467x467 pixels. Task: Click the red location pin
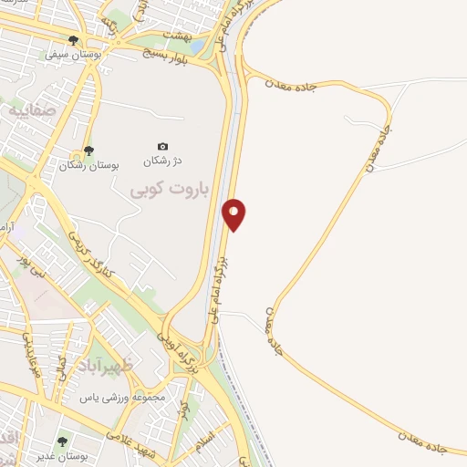[234, 213]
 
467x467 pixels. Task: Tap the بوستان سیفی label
[74, 55]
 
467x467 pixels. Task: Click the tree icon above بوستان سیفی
[74, 40]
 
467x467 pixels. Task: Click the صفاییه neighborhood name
[32, 110]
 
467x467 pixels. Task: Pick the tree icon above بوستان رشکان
[88, 150]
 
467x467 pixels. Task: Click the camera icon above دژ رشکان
[162, 146]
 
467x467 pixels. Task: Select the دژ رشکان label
[162, 161]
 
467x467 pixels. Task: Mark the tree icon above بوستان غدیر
[63, 441]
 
